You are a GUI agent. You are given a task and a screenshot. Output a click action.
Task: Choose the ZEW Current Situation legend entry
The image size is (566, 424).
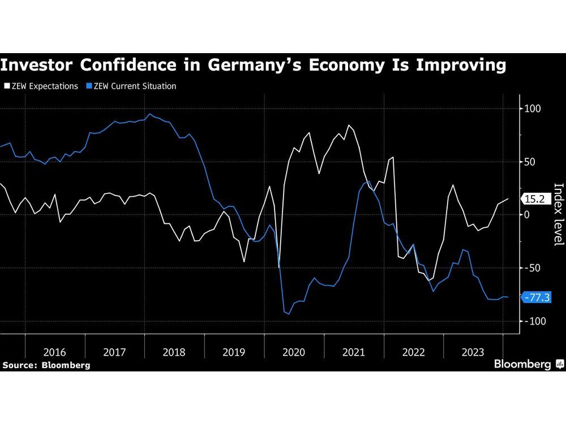click(x=131, y=86)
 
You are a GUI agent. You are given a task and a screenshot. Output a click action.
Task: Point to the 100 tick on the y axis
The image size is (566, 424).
click(x=534, y=109)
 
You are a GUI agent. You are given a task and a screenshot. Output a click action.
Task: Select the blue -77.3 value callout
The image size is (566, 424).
click(x=537, y=297)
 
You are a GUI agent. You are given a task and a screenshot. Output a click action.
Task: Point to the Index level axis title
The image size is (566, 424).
click(x=558, y=215)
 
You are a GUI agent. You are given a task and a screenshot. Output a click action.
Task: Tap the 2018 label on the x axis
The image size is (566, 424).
click(x=174, y=352)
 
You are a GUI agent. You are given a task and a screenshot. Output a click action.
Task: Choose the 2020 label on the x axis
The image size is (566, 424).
click(x=294, y=352)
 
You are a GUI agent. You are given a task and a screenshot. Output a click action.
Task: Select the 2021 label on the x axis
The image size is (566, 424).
click(x=354, y=352)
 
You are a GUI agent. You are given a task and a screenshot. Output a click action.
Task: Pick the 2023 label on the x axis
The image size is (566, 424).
click(x=473, y=352)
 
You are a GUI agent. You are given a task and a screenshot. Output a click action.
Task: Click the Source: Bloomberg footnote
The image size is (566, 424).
click(x=46, y=365)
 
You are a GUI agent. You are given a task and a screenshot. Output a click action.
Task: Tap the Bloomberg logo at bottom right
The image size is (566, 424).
click(x=528, y=364)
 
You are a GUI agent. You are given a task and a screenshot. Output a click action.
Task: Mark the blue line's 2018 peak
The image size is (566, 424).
click(x=149, y=114)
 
